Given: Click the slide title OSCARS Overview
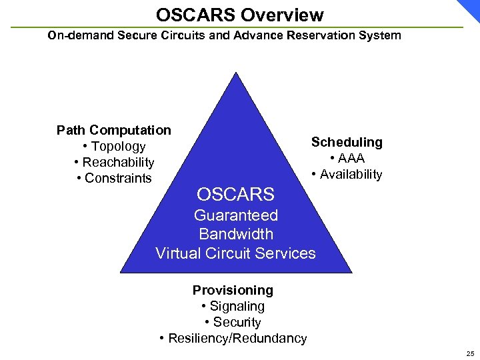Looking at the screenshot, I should [x=240, y=14].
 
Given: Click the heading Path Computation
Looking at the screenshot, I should [x=114, y=130].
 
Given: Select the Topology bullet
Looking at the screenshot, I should [x=114, y=146].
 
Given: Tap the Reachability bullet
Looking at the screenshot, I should [x=114, y=162].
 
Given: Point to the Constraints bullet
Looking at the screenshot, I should [x=114, y=178].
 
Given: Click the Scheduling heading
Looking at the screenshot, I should [x=347, y=142].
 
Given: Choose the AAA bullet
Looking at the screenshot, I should [x=347, y=158].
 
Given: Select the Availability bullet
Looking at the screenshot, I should [x=347, y=174].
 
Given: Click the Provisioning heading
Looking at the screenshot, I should [x=233, y=290].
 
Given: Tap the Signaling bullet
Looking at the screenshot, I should [x=233, y=306].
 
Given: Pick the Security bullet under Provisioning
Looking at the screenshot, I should [x=233, y=322].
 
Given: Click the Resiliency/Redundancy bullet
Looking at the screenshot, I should [x=233, y=338].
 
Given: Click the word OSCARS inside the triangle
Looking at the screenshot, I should [x=235, y=195].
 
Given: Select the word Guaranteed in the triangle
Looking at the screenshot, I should [x=235, y=215].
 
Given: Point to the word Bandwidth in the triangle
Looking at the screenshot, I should [x=235, y=234].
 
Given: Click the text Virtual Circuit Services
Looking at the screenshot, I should [x=235, y=253].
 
